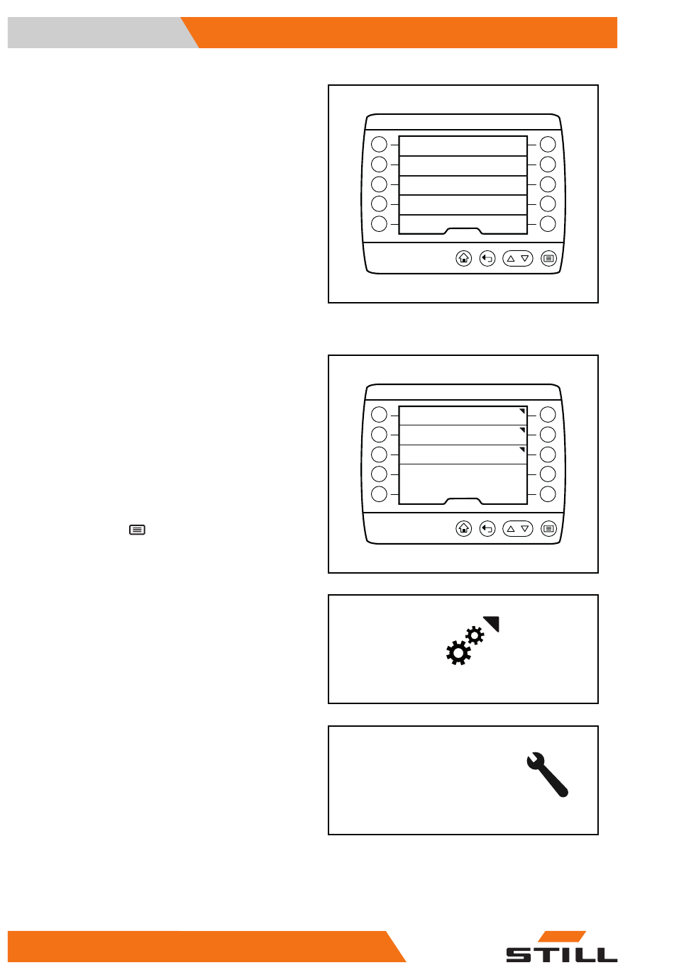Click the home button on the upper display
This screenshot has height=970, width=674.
(463, 259)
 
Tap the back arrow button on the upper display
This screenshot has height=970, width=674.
(487, 259)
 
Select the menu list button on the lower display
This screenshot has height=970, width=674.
(548, 529)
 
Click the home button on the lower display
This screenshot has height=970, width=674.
(463, 529)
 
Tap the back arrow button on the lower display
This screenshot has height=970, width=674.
(487, 529)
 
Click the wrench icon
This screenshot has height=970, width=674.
(547, 774)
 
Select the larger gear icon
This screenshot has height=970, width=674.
(458, 653)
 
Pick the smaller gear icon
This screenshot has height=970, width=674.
(475, 635)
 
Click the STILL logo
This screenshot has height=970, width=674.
(561, 947)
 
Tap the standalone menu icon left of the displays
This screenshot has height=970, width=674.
(138, 530)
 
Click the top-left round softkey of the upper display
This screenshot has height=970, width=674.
(379, 144)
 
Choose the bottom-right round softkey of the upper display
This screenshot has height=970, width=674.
(548, 224)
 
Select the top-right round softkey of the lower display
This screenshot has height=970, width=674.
(548, 414)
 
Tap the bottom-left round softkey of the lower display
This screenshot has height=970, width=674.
(379, 494)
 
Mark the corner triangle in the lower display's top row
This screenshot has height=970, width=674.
(523, 411)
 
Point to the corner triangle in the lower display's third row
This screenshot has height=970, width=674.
(523, 449)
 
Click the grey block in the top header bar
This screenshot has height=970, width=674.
(99, 33)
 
